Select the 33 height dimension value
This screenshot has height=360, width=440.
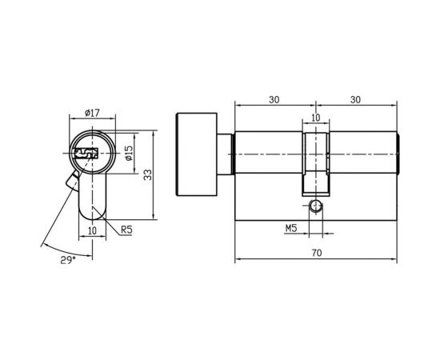146,174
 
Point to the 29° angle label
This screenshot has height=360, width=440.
70,260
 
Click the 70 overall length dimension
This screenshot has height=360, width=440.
316,252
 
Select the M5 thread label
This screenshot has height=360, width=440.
292,229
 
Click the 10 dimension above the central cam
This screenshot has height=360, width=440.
315,118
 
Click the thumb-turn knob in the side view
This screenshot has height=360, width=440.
196,153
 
